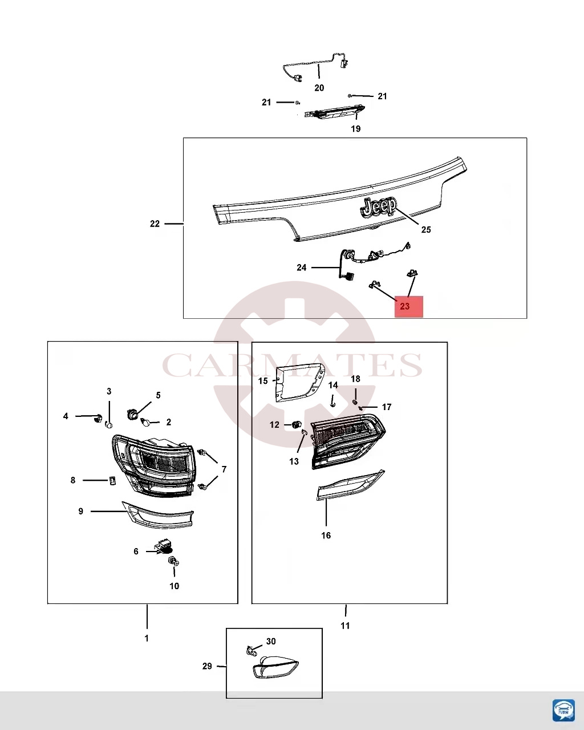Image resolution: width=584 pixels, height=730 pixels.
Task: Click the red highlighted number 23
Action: click(405, 306)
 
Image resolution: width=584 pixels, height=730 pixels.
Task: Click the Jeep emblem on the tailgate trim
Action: click(378, 208)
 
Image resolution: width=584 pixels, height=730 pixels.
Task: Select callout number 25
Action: click(426, 230)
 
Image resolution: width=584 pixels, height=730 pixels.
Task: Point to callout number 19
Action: click(355, 129)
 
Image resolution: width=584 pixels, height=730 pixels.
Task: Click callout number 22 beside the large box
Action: click(155, 224)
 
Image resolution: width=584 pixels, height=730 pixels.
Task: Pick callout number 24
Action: click(301, 267)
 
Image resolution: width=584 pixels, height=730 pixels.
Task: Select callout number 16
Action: click(326, 536)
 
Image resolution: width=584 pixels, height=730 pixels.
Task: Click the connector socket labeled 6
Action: click(163, 549)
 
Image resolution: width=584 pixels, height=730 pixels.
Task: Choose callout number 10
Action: click(174, 586)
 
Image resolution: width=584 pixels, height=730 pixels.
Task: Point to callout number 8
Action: click(73, 480)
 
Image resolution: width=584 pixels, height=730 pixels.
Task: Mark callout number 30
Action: click(271, 641)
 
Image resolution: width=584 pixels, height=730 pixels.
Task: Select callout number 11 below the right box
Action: click(345, 626)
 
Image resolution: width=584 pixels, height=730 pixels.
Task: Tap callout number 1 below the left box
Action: click(147, 638)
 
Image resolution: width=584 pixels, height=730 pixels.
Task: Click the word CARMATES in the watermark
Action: click(292, 365)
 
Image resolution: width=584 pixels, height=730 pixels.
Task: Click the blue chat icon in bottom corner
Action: click(563, 709)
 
